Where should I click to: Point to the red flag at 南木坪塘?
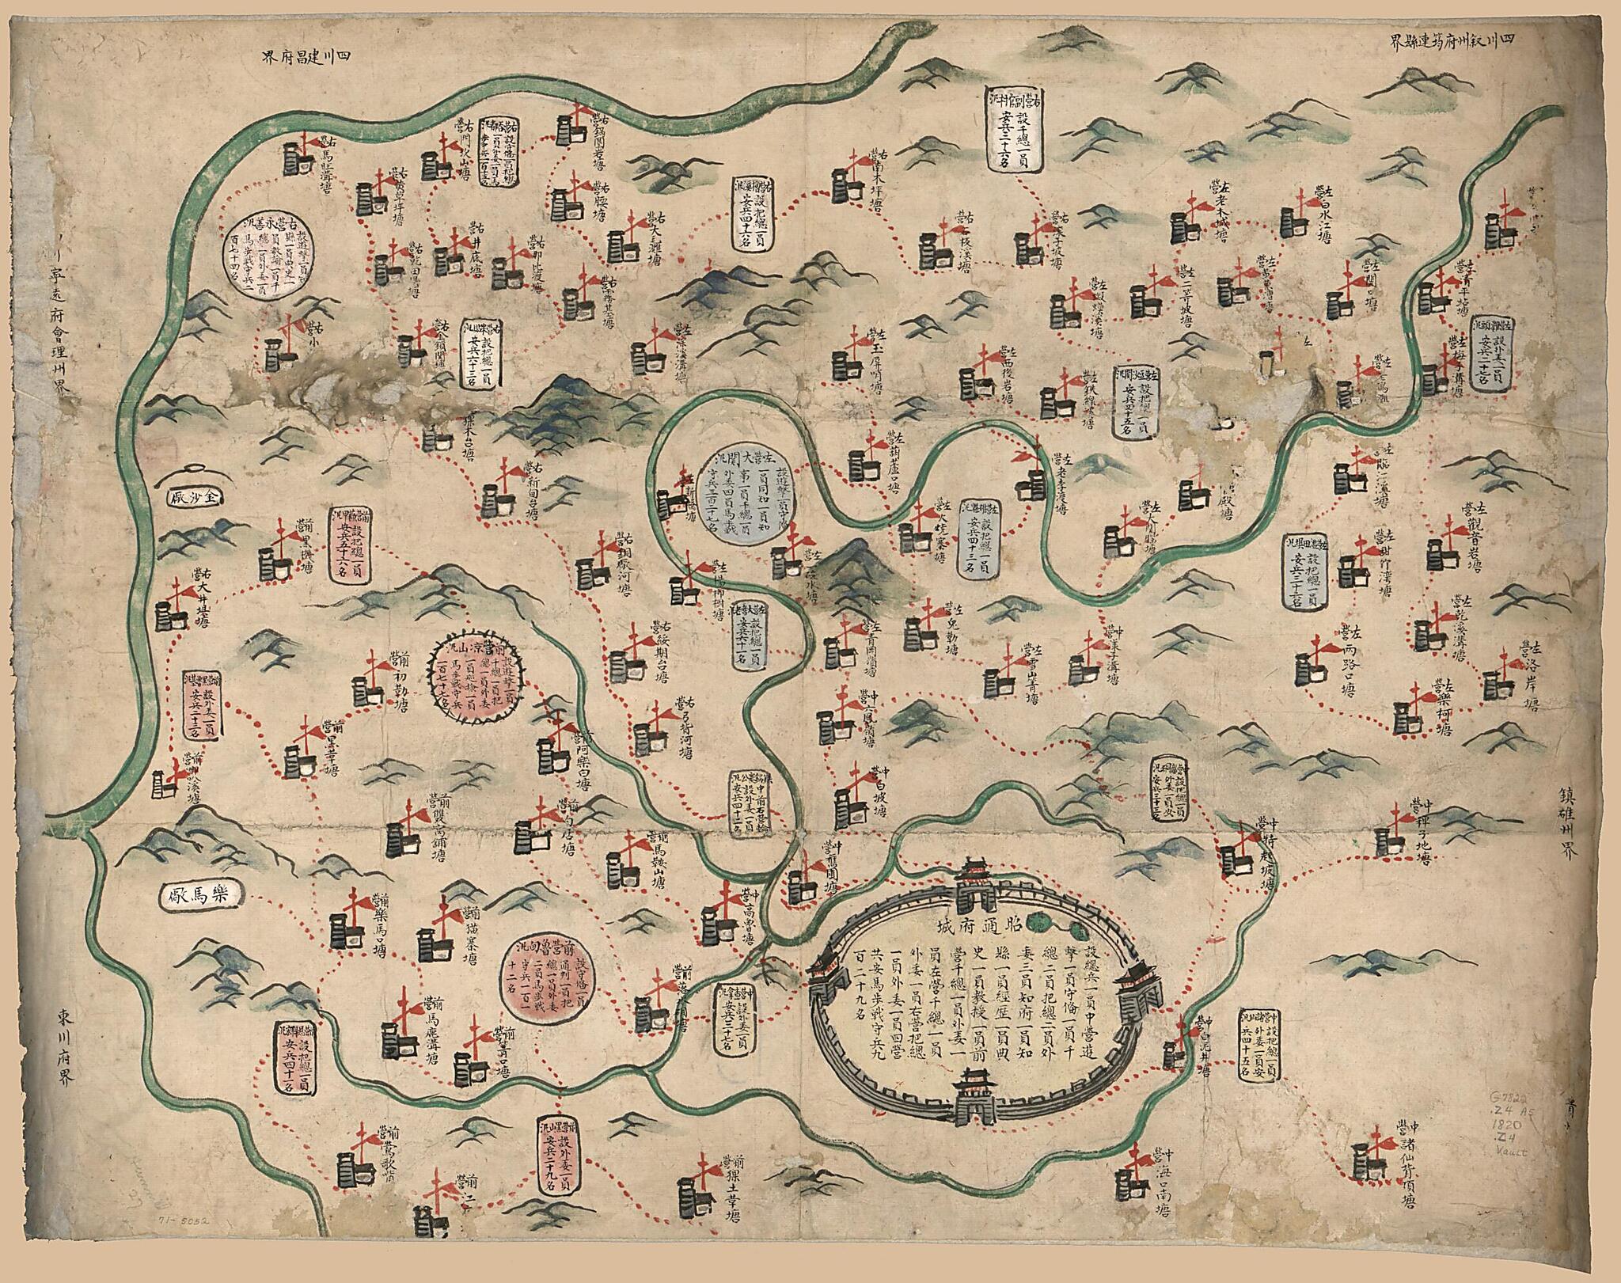tap(862, 160)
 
